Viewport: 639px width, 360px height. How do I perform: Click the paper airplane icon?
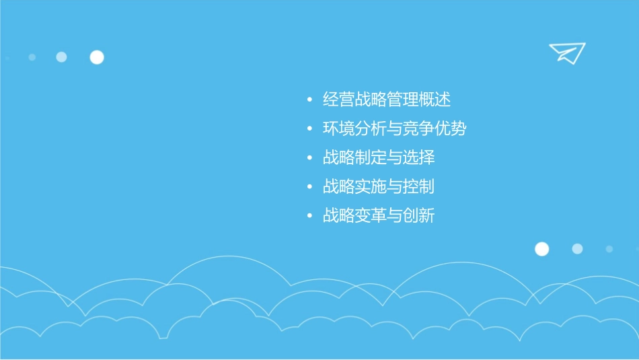click(x=566, y=52)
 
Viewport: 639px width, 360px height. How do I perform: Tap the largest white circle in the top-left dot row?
click(x=97, y=57)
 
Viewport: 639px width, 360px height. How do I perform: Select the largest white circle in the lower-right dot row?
click(x=541, y=249)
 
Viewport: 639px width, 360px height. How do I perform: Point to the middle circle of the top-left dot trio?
click(x=61, y=57)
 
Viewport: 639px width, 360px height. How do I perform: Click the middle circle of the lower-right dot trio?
click(x=577, y=249)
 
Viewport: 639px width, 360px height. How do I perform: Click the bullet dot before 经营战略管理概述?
click(x=309, y=100)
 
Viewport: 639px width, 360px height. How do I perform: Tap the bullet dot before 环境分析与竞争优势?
click(x=309, y=129)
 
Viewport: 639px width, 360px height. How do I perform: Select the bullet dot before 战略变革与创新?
click(x=309, y=216)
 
